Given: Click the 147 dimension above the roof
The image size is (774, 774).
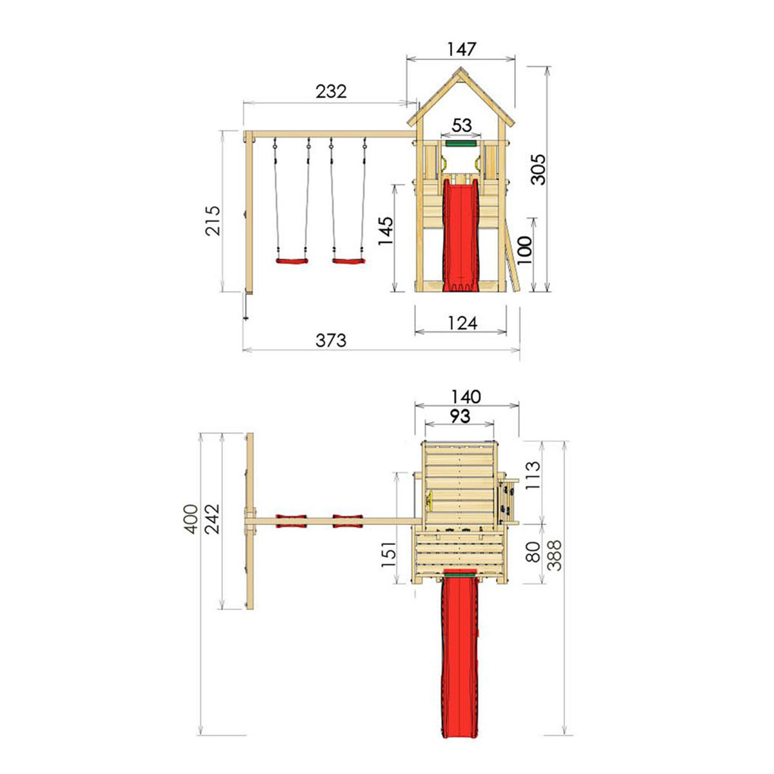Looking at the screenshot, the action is [461, 49].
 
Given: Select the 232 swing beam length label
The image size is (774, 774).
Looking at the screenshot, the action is [331, 92].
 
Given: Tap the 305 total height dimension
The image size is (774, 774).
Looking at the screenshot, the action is [537, 170].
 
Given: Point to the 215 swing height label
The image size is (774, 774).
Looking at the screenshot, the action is [213, 221].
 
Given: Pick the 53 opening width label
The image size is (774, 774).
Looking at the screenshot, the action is [461, 125].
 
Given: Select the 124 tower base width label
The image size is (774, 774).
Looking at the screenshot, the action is [462, 323].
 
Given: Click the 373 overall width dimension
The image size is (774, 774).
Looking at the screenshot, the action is [331, 341].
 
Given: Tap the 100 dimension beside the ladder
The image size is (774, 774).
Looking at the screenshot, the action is [524, 250].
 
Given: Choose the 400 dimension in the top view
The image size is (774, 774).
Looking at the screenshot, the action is [191, 519].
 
